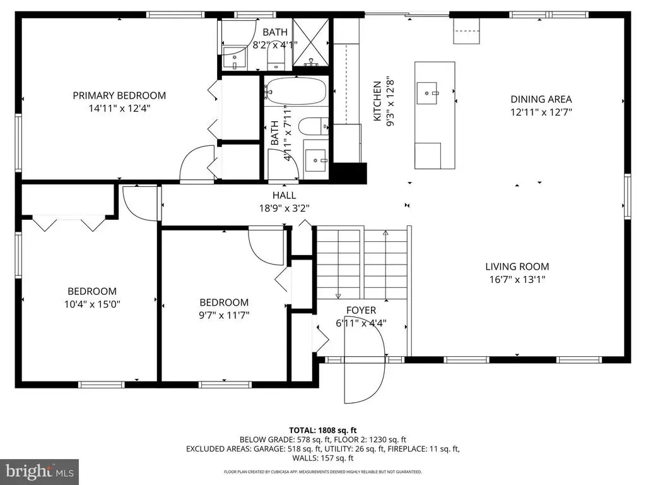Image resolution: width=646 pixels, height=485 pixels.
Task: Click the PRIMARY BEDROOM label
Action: coord(119,96)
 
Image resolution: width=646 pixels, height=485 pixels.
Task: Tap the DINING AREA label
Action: coord(541,99)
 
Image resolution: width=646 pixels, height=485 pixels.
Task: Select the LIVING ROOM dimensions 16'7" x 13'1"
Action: coord(517,280)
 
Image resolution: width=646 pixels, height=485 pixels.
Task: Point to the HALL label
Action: coord(285,196)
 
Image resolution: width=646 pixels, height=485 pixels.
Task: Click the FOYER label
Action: coord(361,310)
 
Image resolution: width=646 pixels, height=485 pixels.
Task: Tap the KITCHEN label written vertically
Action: coord(377,102)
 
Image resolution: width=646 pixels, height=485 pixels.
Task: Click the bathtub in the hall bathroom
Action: coord(296,91)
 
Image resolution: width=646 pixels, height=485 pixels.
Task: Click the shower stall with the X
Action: coord(310,42)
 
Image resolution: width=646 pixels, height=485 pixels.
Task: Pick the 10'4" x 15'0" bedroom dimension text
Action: coord(92,305)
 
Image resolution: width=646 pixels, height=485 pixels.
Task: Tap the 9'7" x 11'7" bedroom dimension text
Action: coord(224,316)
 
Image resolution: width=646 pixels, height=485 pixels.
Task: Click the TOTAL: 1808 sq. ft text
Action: coord(322,431)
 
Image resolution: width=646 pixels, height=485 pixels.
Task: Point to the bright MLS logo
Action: coord(40,470)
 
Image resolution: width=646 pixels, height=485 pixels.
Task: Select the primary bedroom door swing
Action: coord(197,164)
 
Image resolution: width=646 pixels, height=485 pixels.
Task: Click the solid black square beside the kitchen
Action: coord(349,173)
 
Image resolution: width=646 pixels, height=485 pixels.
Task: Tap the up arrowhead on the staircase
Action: coord(385,233)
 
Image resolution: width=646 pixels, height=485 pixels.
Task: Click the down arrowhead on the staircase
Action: coord(338,296)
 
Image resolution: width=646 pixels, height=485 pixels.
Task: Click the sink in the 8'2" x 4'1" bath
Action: coord(235,57)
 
